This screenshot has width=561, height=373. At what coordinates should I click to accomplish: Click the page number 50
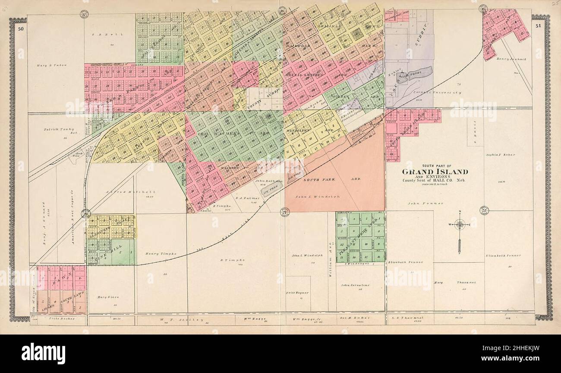click(x=20, y=29)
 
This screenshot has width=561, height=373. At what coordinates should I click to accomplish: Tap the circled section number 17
click(x=85, y=14)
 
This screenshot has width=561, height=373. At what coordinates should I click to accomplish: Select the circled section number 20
click(x=86, y=214)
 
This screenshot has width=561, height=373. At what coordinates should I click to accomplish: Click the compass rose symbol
click(x=460, y=225)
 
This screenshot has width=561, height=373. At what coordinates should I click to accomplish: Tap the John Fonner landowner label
click(x=422, y=202)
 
